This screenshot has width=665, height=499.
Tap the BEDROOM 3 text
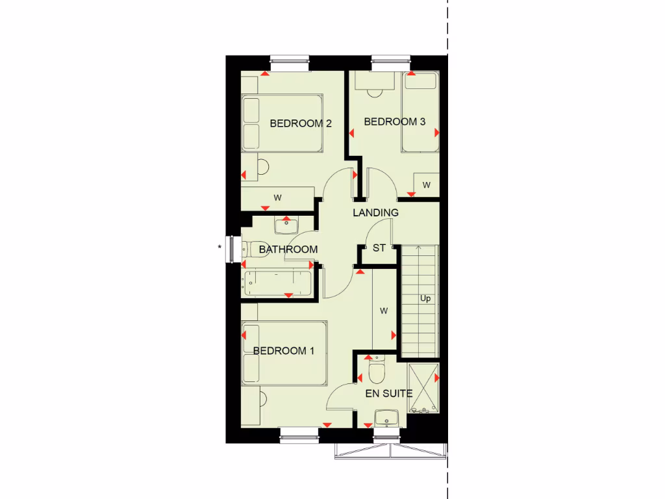(x=394, y=122)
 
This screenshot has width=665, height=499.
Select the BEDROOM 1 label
(x=284, y=351)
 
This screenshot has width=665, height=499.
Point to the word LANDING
(x=375, y=212)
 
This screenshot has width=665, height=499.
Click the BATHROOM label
(x=288, y=249)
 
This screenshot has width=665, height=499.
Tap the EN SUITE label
(x=389, y=393)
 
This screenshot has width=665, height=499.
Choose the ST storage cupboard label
(x=379, y=248)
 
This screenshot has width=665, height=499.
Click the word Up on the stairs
(x=425, y=299)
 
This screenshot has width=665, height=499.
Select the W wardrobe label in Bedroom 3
(x=427, y=185)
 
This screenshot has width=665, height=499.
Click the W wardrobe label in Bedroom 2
(x=277, y=197)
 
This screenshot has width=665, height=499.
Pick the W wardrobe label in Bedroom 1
(x=384, y=311)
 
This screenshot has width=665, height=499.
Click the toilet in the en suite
(x=376, y=371)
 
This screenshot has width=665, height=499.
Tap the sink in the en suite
(x=386, y=416)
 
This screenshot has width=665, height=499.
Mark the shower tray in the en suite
(x=423, y=389)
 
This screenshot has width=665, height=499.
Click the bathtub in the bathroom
(x=277, y=283)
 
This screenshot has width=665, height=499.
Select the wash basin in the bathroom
(x=286, y=226)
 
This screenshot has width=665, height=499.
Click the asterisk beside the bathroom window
(x=220, y=247)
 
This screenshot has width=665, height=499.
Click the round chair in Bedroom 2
(x=262, y=167)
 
